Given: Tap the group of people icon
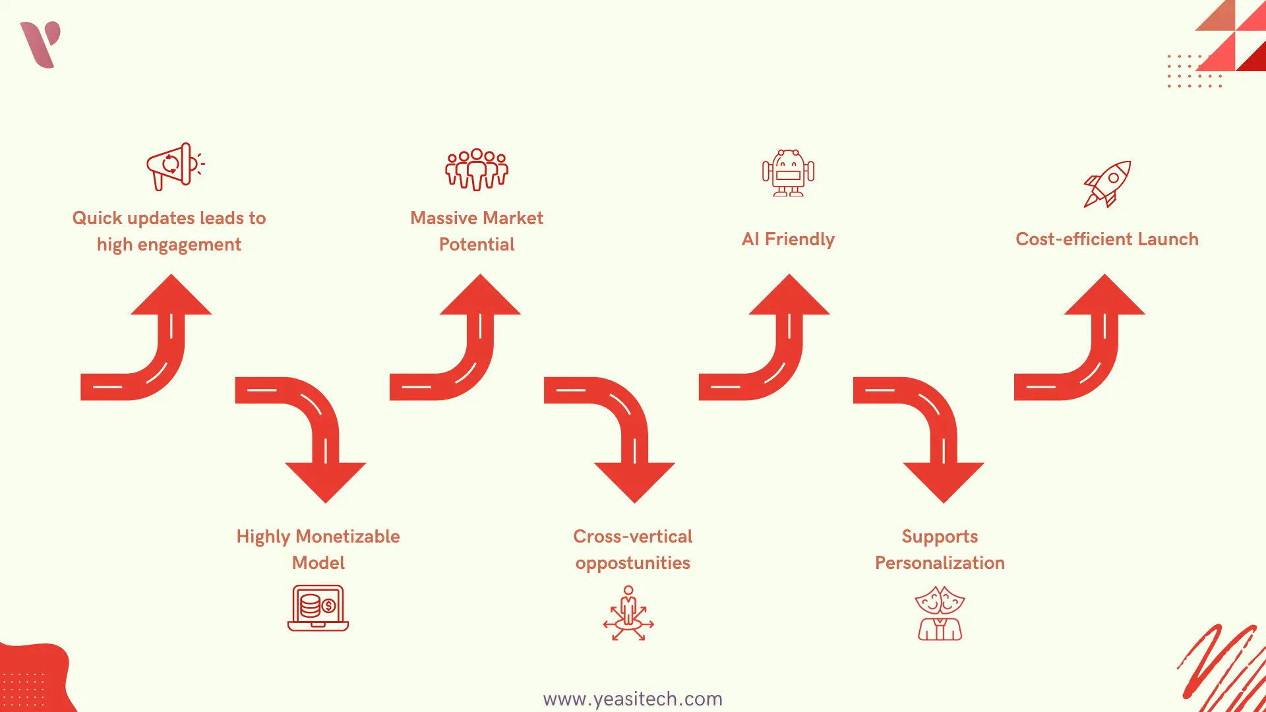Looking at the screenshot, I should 477,169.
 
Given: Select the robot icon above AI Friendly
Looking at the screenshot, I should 788,173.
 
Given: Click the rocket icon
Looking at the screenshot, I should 1107,184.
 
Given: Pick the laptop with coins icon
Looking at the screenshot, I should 318,608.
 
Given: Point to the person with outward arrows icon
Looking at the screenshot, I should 628,613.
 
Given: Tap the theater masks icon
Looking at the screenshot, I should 940,613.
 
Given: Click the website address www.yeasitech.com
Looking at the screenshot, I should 632,699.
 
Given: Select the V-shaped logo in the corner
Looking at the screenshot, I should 41,44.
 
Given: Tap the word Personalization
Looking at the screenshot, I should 940,563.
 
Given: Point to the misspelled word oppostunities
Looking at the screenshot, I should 632,563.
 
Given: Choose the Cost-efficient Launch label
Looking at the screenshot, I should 1106,239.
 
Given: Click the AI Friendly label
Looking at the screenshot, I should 788,239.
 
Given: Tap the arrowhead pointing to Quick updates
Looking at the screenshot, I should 171,297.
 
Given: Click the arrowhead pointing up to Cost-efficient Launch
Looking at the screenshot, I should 1104,297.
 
